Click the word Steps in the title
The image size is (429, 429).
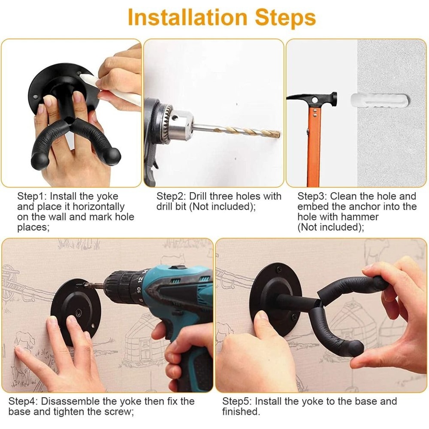(285, 18)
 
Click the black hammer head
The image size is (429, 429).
(312, 98)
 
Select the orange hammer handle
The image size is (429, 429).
(314, 146)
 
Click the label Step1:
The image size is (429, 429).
(32, 196)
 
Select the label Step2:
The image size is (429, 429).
(171, 196)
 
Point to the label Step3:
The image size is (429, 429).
(312, 196)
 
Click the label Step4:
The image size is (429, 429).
(23, 402)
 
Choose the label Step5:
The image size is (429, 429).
(237, 402)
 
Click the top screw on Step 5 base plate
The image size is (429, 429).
(279, 270)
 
